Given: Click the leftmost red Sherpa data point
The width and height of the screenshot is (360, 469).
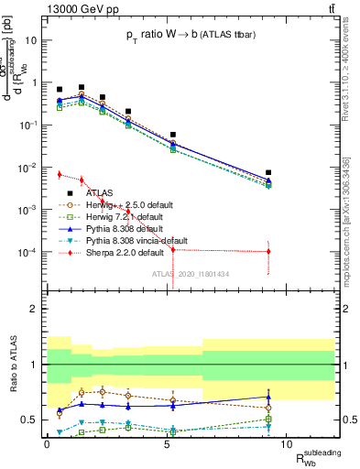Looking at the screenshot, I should [x=60, y=174].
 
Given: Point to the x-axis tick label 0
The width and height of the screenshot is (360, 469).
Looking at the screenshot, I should [x=47, y=443].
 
